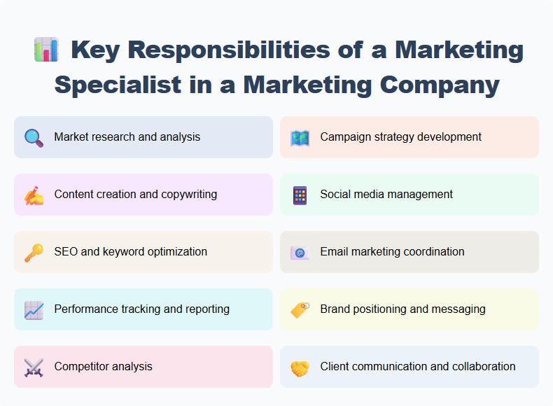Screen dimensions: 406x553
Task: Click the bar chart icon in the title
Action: [x=45, y=50]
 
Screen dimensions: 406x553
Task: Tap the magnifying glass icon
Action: [x=34, y=137]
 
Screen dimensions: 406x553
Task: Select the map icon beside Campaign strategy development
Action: [x=300, y=137]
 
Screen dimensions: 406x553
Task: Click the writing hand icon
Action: [x=34, y=195]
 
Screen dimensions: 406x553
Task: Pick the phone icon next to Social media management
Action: [x=300, y=195]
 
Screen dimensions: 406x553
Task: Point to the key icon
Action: [x=34, y=252]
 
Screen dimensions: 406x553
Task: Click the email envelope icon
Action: [x=300, y=252]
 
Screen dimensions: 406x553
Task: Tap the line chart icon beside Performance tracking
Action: [x=34, y=309]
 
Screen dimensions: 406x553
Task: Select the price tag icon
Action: [x=300, y=309]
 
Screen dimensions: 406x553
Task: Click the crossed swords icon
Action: [x=34, y=367]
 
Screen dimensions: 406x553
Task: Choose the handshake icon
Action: [x=300, y=367]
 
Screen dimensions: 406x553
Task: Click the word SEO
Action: [x=66, y=251]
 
